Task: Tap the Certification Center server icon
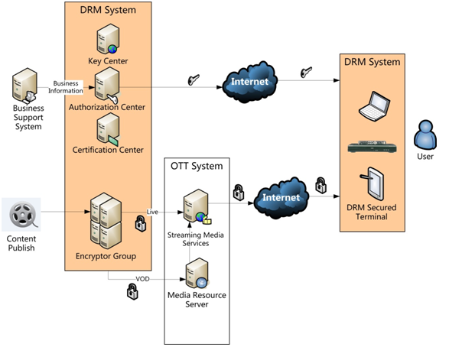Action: pos(107,128)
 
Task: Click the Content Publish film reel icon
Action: pos(21,215)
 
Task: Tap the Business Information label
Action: pos(66,86)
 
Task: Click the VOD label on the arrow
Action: pos(142,279)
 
